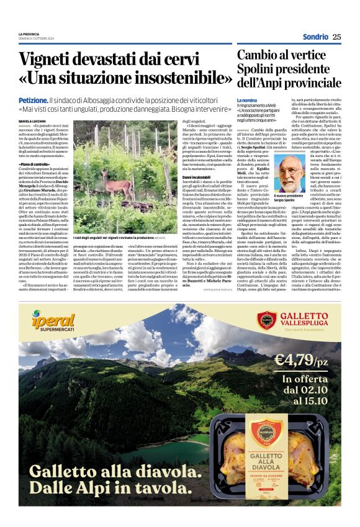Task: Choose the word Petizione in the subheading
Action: click(x=33, y=100)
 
